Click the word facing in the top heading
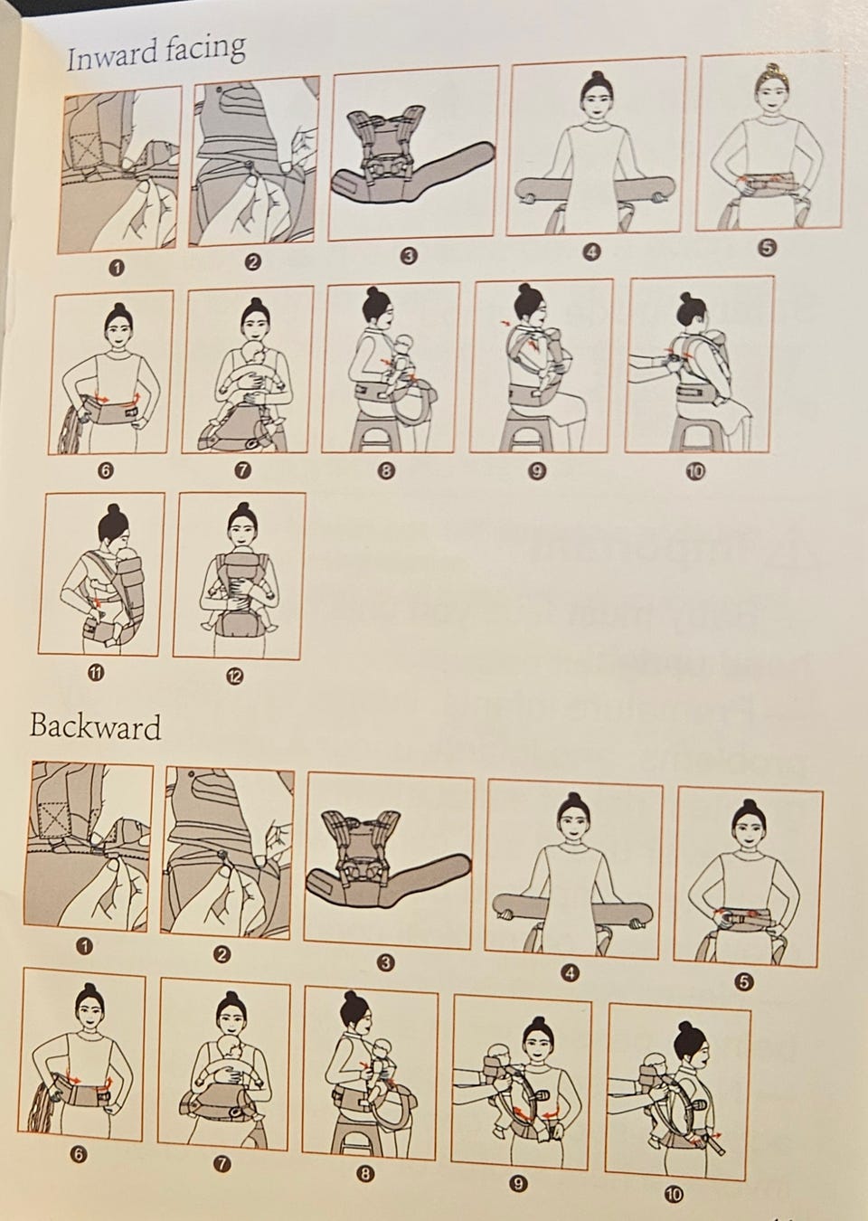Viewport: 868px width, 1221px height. click(205, 49)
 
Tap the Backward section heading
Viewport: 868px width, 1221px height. click(95, 726)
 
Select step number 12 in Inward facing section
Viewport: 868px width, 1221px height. click(235, 677)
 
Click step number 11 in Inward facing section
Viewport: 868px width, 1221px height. click(96, 673)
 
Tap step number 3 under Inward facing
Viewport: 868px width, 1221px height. click(409, 256)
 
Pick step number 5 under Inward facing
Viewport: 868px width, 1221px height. click(766, 248)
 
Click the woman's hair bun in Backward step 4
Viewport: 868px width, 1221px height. click(571, 799)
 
